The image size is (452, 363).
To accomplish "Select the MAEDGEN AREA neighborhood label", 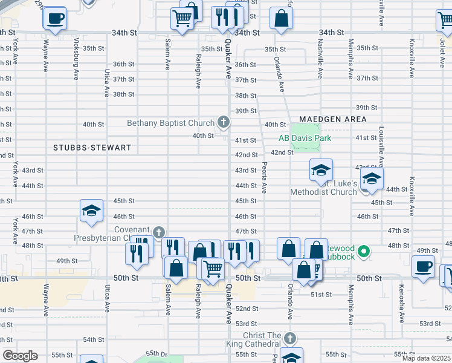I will [332, 119].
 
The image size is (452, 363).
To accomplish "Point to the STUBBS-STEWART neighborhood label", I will [82, 147].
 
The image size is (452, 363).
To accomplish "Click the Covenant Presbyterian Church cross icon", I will [158, 232].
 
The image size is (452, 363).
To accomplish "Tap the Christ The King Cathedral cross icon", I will [290, 338].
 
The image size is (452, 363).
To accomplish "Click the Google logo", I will [19, 356].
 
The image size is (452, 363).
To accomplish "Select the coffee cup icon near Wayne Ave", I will [55, 18].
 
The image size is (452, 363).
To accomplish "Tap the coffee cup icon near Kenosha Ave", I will [423, 266].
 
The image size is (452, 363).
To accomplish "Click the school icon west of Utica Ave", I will [91, 211].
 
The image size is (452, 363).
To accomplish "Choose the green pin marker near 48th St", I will [364, 250].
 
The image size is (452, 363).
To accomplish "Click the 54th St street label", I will [94, 340].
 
